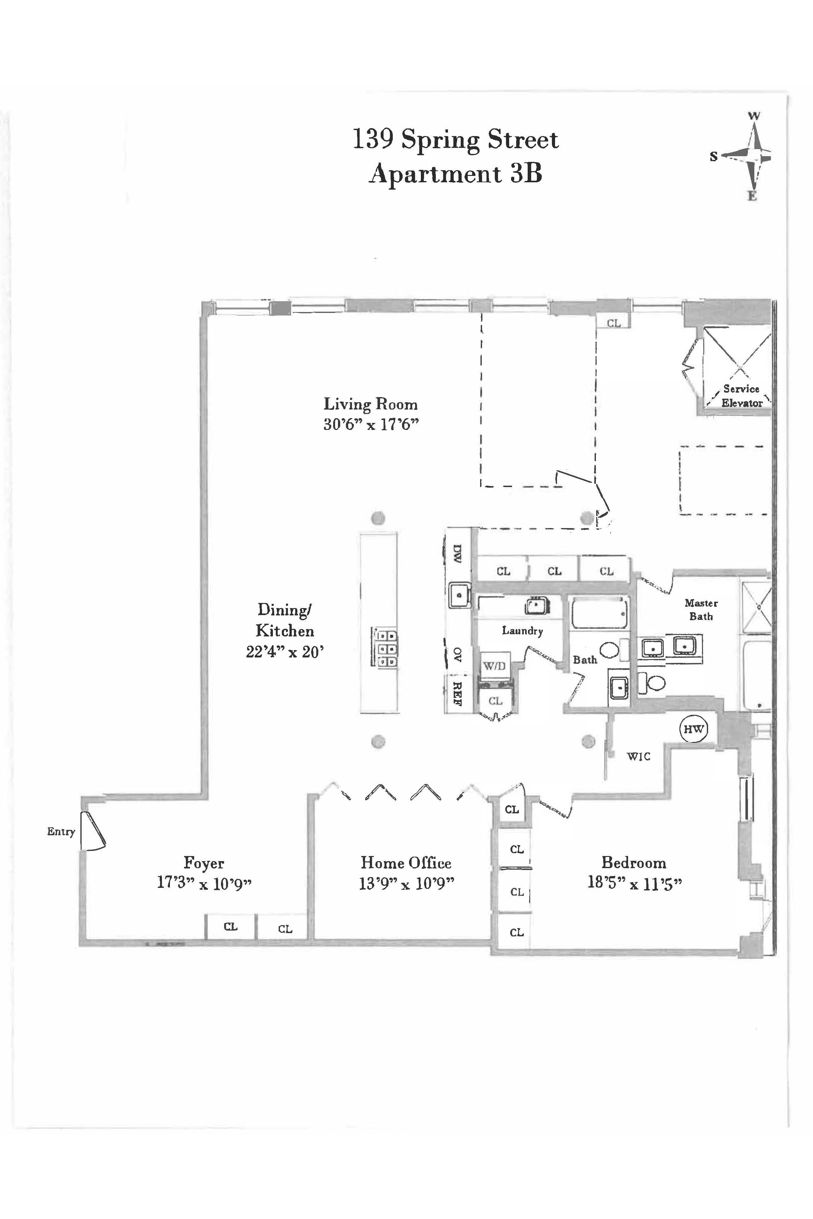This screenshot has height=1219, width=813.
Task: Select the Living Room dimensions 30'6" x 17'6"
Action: (371, 424)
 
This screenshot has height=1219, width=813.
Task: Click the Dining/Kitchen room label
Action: (285, 620)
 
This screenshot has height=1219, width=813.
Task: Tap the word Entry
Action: (61, 831)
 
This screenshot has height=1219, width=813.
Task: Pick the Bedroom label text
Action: (634, 862)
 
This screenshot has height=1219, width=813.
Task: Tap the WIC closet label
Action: (638, 757)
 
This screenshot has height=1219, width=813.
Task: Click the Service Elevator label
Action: (742, 395)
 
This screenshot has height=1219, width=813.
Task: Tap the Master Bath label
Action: (701, 609)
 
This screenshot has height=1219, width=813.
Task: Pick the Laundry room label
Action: (522, 631)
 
